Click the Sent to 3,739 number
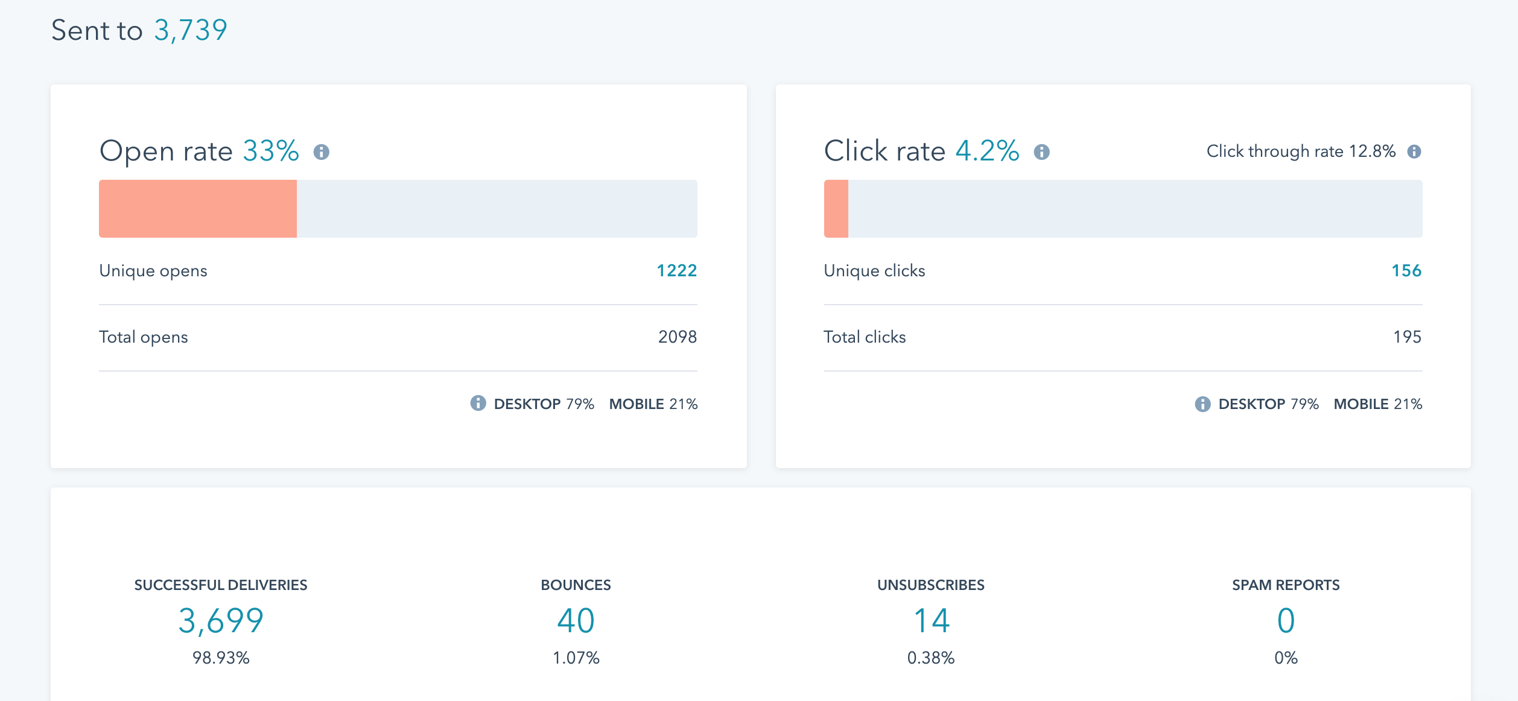(190, 30)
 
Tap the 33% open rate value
(271, 151)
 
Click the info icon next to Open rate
(322, 152)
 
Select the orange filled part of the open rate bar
(198, 209)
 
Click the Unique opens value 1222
(676, 271)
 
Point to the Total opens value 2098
(677, 337)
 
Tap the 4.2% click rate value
(987, 151)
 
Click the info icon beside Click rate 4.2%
(1042, 152)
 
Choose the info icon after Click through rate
(1414, 151)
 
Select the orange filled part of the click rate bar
(836, 209)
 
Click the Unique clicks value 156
(1406, 271)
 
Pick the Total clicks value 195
(1407, 337)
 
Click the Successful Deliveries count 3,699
(221, 621)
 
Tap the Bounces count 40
(576, 621)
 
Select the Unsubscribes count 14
(931, 621)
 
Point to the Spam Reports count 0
(1286, 621)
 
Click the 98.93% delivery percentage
(221, 658)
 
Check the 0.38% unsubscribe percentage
(931, 658)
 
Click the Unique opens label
(153, 271)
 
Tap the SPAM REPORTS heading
(1286, 585)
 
